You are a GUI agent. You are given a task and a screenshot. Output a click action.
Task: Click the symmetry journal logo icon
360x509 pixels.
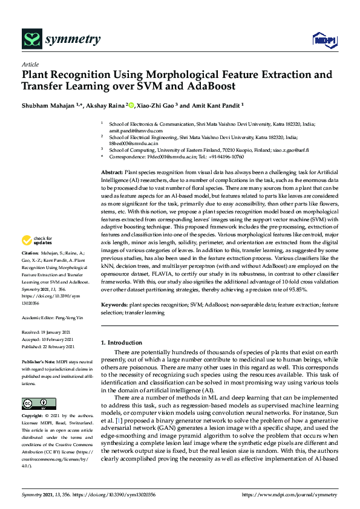pos(30,40)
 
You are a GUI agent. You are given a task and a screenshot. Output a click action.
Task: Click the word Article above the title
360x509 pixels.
pos(29,63)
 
